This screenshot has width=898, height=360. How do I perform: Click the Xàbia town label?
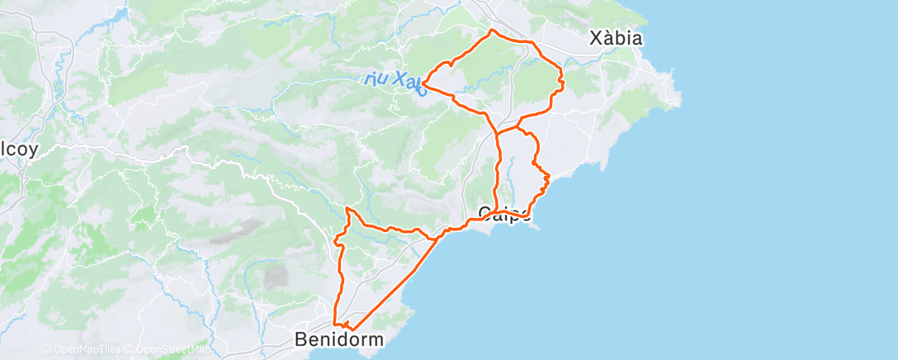click(x=616, y=38)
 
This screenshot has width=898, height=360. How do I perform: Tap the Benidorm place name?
click(x=339, y=339)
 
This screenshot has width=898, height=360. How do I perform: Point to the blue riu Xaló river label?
click(x=395, y=81)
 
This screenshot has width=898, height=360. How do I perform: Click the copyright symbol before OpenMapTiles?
click(x=46, y=349)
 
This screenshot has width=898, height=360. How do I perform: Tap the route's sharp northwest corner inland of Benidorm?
click(x=347, y=209)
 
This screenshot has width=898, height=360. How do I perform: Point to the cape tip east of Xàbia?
click(x=680, y=102)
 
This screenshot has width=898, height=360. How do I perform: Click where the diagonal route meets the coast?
click(x=438, y=239)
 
